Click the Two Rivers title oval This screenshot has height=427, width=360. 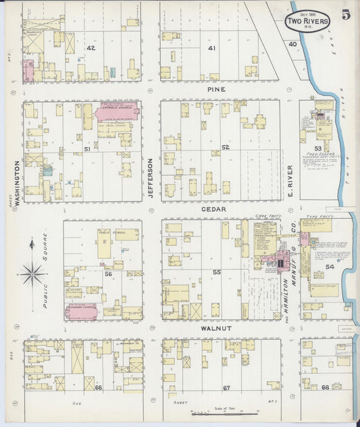tap(308, 21)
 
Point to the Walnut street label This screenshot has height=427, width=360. tap(216, 328)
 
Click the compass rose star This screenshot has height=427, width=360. tap(32, 274)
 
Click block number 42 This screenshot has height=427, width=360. tap(91, 48)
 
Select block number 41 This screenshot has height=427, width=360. tap(212, 48)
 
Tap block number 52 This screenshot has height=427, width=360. tap(225, 147)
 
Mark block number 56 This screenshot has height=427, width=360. tap(107, 274)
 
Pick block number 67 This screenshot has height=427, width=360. tap(226, 387)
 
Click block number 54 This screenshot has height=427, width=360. tap(329, 268)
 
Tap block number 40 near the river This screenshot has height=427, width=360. tap(292, 44)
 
